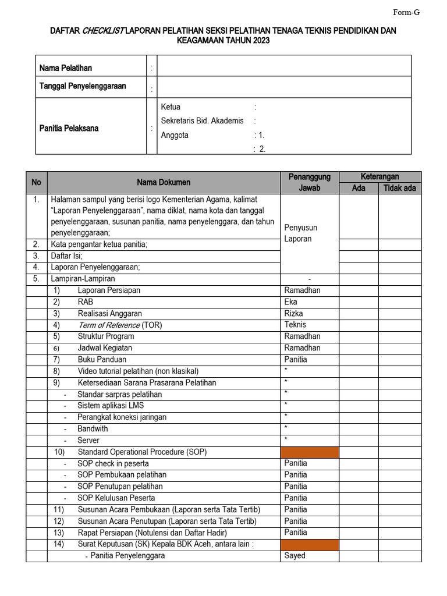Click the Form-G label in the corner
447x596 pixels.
pyautogui.click(x=407, y=12)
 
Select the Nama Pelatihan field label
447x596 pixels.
pyautogui.click(x=65, y=68)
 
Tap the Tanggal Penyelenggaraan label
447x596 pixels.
pyautogui.click(x=83, y=86)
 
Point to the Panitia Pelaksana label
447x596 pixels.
pyautogui.click(x=69, y=128)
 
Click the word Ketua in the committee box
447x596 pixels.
pyautogui.click(x=171, y=107)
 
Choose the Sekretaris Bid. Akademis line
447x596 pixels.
pyautogui.click(x=202, y=121)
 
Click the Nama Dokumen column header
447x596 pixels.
pyautogui.click(x=164, y=183)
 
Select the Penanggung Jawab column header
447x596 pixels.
pyautogui.click(x=309, y=182)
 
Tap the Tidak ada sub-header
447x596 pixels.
pyautogui.click(x=399, y=188)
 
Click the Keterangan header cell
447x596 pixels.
pyautogui.click(x=380, y=176)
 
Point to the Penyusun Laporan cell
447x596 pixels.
pyautogui.click(x=300, y=233)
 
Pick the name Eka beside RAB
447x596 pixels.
pyautogui.click(x=290, y=301)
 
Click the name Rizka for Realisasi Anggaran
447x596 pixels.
pyautogui.click(x=293, y=313)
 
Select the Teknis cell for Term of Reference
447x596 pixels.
pyautogui.click(x=295, y=325)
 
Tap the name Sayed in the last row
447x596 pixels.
pyautogui.click(x=295, y=555)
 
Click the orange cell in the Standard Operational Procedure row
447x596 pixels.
pyautogui.click(x=310, y=452)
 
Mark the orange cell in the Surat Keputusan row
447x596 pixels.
pyautogui.click(x=310, y=544)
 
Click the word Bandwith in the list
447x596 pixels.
pyautogui.click(x=93, y=429)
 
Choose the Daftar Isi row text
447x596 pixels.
pyautogui.click(x=66, y=256)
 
